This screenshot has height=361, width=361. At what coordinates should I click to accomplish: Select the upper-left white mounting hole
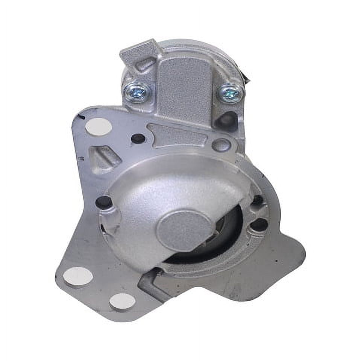pos(98,126)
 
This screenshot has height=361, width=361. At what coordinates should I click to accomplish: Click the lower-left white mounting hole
pos(78,276)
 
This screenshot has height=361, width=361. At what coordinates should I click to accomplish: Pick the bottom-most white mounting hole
pos(123,301)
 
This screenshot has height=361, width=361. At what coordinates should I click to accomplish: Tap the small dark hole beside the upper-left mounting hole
pos(138,138)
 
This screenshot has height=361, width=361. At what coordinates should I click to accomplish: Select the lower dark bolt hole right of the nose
pos(258,224)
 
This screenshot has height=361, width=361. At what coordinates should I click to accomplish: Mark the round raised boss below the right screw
pos(221,145)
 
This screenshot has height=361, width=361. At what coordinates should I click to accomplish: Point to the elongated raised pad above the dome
pos(177,134)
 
